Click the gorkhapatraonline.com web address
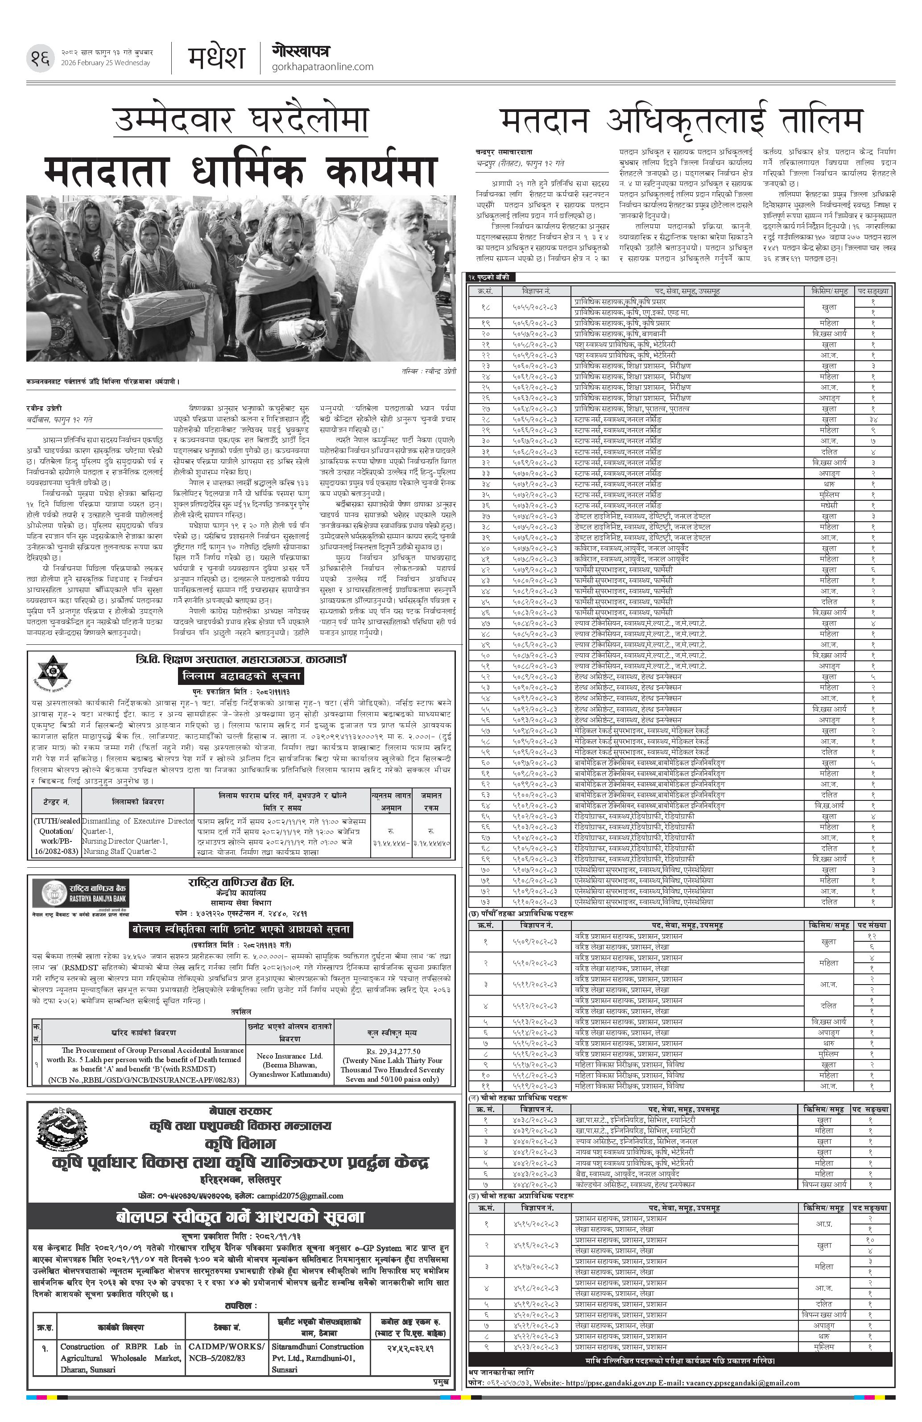pos(322,67)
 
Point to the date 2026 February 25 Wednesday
pos(106,63)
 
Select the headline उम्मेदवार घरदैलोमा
pos(241,119)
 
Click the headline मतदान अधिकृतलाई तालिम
pos(681,121)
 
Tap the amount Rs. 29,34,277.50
pos(392,1051)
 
